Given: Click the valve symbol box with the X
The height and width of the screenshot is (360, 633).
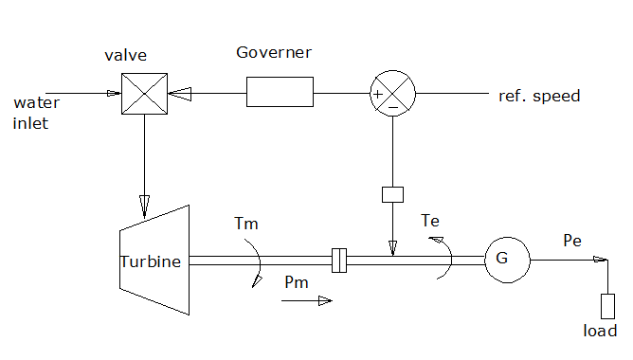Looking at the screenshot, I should (145, 95).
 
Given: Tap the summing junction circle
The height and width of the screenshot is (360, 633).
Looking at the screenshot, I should (391, 94).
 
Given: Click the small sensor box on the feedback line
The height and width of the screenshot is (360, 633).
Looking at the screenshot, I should (392, 194).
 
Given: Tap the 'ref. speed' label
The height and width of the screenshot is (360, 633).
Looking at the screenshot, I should (539, 96).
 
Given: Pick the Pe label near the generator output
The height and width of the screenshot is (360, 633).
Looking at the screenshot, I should (572, 241).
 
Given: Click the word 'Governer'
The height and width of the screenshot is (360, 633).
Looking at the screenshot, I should (274, 51).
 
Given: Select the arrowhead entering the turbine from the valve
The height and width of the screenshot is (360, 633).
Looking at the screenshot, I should (145, 203).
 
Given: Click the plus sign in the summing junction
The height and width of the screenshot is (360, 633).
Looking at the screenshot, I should (378, 94).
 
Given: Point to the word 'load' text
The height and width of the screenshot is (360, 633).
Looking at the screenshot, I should (600, 331).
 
